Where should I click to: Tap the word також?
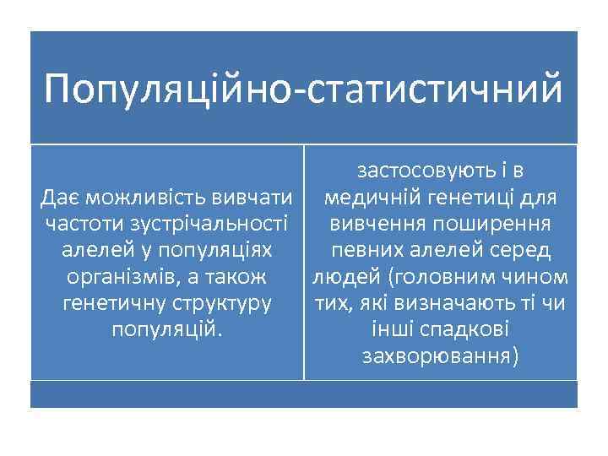pyautogui.click(x=231, y=278)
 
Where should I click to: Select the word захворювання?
pyautogui.click(x=438, y=356)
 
